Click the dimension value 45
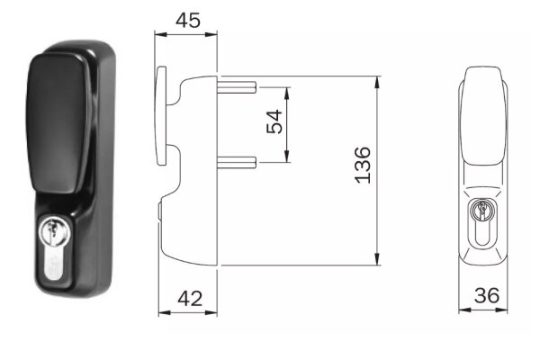(188, 21)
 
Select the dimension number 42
(190, 298)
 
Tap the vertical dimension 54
(274, 121)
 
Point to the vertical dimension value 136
(363, 165)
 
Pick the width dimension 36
(487, 295)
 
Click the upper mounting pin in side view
(237, 87)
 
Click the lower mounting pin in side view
(237, 162)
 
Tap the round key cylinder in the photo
(54, 229)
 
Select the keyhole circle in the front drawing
(482, 211)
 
